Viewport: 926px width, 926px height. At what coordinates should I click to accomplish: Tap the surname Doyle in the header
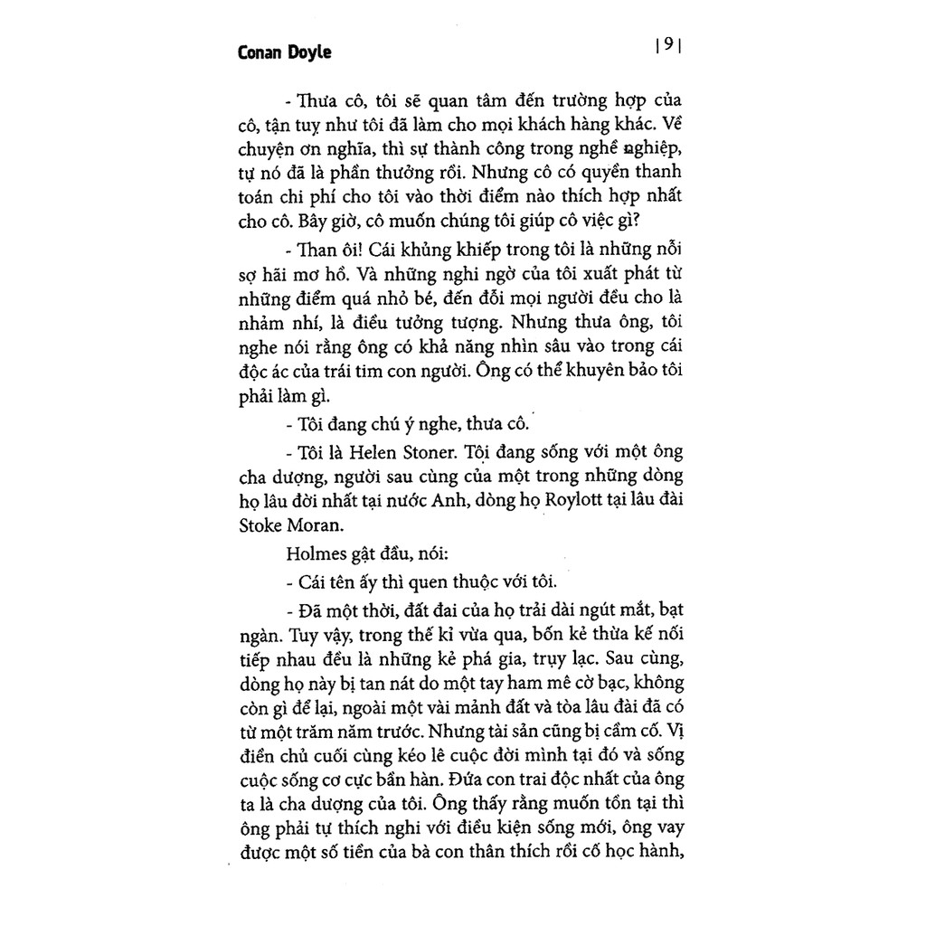(308, 52)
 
